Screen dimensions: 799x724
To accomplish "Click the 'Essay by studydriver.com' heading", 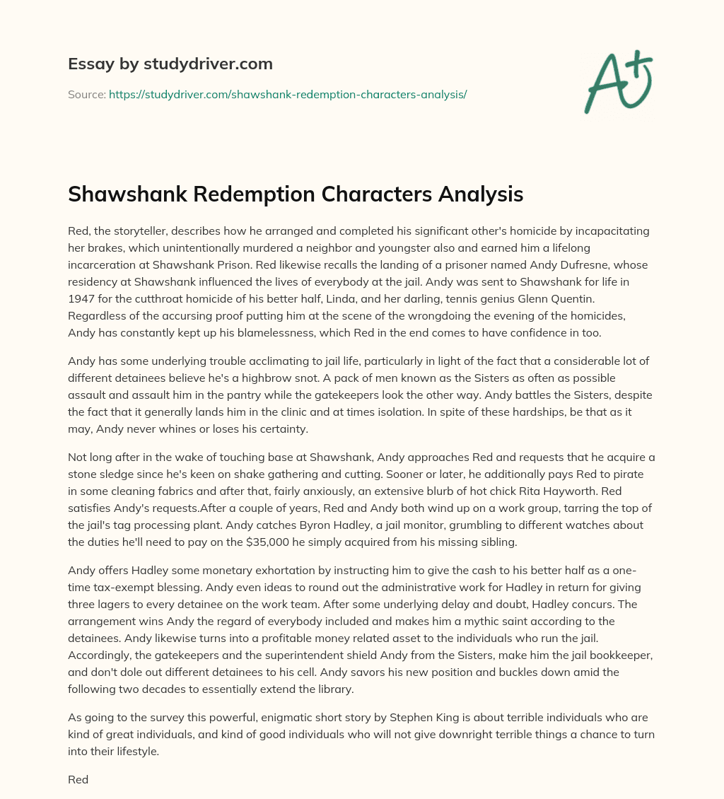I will click(170, 64).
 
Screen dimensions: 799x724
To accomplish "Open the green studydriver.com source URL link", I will click(288, 94).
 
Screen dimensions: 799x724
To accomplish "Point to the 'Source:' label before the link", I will click(86, 94).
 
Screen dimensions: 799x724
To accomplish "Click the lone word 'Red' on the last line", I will click(78, 779).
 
